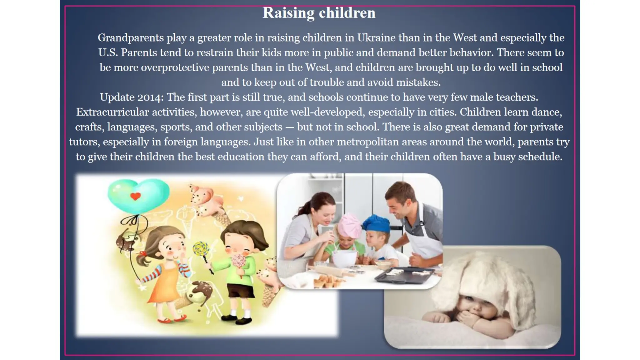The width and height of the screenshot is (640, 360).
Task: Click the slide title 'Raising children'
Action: point(319,13)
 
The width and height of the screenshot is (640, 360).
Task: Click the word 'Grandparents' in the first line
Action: point(131,38)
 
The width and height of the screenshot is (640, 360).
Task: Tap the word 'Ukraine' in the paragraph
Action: point(376,38)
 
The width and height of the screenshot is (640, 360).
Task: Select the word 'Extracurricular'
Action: point(112,112)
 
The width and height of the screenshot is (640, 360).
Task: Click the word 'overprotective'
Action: point(175,67)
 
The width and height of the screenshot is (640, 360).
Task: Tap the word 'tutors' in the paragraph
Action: point(84,142)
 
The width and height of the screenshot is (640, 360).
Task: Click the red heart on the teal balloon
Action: point(135,196)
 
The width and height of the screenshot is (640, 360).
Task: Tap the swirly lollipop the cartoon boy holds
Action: point(201,249)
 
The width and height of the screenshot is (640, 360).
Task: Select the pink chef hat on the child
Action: point(349,224)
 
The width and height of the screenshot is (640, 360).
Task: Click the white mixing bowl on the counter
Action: point(344,258)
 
